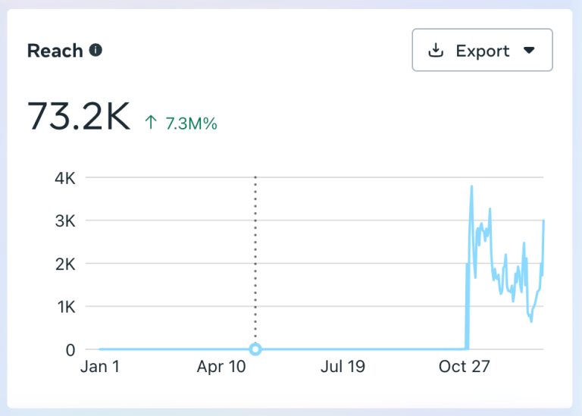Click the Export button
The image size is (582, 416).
pos(482,51)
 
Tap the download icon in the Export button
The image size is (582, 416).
pos(436,51)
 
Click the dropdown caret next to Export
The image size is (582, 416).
pos(529,51)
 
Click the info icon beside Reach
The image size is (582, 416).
pos(95,51)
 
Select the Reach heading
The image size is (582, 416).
pos(55,51)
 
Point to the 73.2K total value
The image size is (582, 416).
pos(79,117)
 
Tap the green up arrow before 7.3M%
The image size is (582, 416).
pos(151,123)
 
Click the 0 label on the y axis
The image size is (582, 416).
pos(70,350)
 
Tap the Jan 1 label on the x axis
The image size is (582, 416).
pos(99,368)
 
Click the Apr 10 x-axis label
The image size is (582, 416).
pos(221,368)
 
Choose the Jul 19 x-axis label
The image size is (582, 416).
pos(343,368)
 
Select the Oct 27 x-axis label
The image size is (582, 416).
pos(465,368)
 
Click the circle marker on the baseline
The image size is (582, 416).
pos(255,349)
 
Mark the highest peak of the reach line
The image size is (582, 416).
pos(472,186)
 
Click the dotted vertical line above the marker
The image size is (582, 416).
pos(255,258)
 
